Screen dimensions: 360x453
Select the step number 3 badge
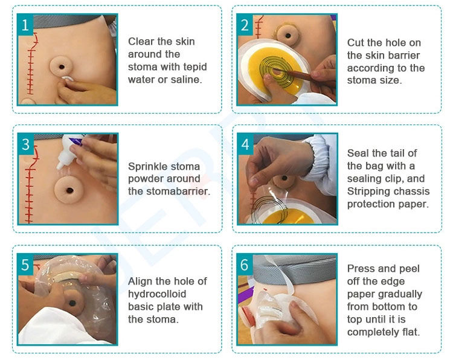25,144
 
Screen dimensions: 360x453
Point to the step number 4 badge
245,144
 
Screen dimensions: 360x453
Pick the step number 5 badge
25,265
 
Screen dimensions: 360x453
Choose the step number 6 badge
245,265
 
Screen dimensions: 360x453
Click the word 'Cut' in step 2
356,42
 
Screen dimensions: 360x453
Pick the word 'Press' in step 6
361,268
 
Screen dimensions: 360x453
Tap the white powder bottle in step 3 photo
65,155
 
